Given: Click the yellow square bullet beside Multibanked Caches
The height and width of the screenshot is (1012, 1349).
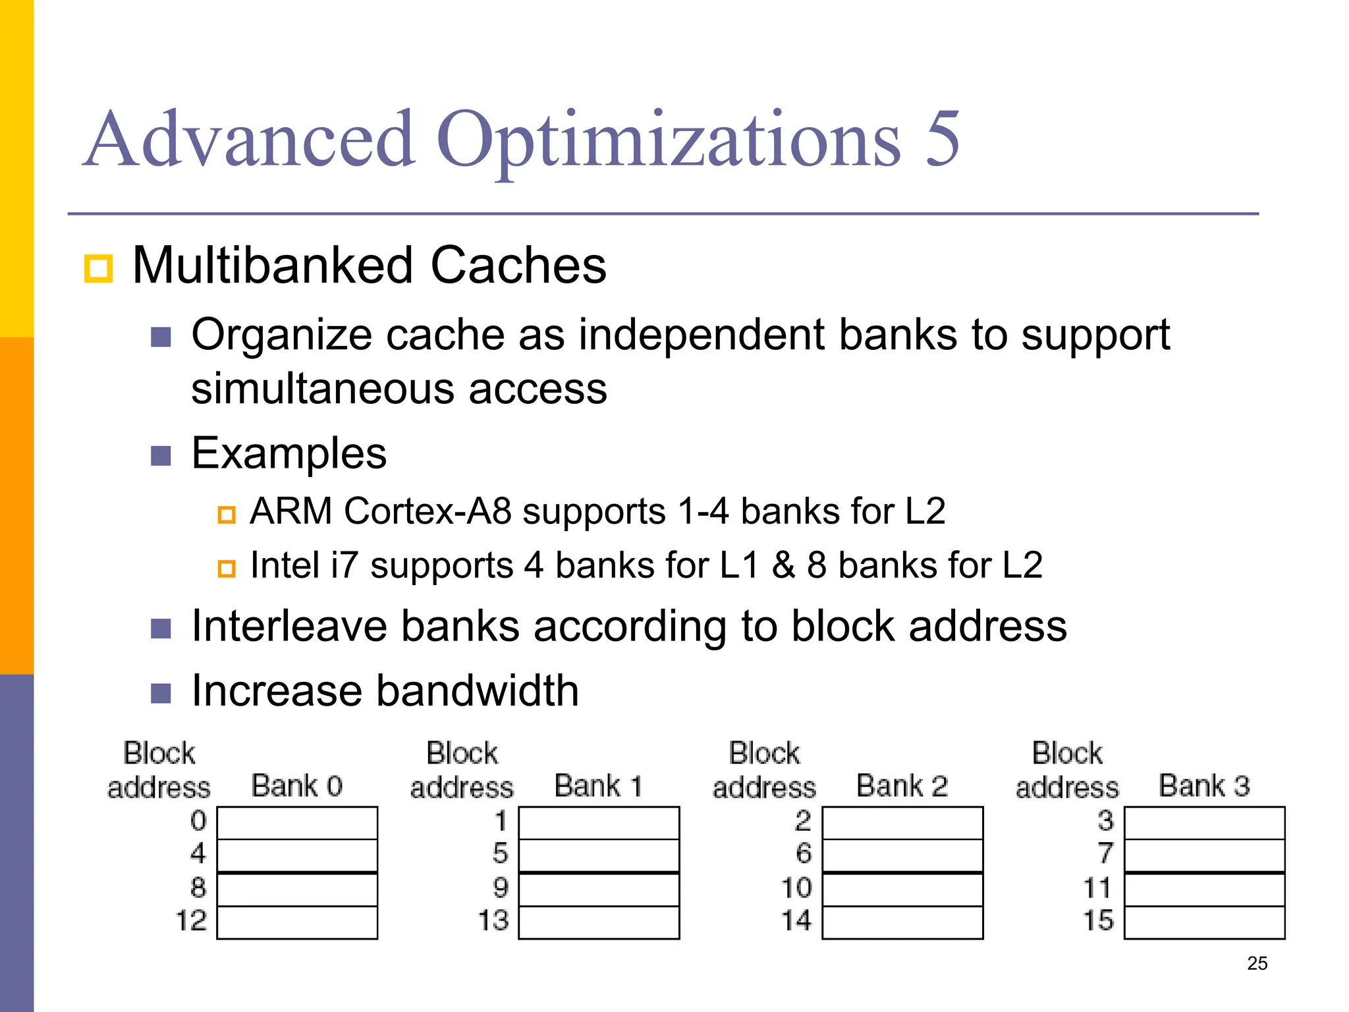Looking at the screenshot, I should (x=99, y=268).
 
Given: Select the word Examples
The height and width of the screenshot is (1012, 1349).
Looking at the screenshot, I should (x=289, y=454).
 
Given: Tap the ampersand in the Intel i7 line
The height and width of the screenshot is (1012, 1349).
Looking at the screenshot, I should (x=783, y=565).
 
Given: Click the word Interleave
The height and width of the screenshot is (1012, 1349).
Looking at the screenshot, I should (x=289, y=626).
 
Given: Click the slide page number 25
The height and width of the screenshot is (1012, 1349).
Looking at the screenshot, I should (x=1257, y=963).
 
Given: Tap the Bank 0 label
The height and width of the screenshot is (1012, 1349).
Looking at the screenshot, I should (x=296, y=786).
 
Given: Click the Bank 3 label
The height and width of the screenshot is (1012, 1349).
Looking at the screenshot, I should (x=1204, y=786).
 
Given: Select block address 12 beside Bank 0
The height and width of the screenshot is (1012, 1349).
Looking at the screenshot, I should (x=191, y=920).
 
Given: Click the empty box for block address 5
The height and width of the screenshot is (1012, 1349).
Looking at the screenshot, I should (x=599, y=855).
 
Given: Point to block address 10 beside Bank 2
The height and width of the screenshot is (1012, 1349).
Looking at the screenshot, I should (x=796, y=887).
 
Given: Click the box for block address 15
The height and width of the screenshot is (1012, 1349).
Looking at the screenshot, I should (x=1204, y=922).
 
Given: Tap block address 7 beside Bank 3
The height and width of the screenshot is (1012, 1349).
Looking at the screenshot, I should (x=1105, y=854).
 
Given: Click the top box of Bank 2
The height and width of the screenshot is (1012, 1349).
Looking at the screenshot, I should (x=902, y=822).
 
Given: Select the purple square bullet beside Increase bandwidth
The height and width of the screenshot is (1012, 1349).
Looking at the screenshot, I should (x=161, y=693).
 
